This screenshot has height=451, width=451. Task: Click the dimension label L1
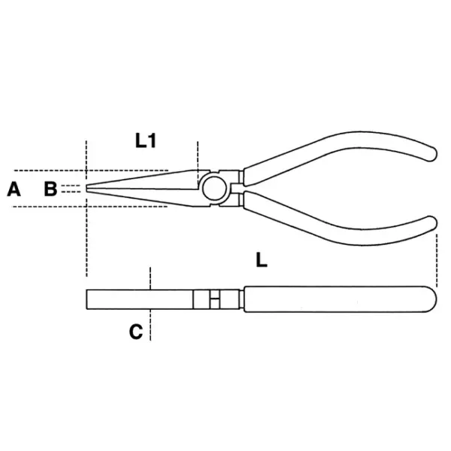pos(146,141)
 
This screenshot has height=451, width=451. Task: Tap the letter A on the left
pos(14,189)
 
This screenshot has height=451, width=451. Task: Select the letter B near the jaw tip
pos(50,189)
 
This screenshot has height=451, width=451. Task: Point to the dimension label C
pos(136,331)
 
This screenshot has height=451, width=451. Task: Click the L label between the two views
pos(262,260)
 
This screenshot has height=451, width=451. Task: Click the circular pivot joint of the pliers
pos(214,189)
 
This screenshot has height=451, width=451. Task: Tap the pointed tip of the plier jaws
pos(86,188)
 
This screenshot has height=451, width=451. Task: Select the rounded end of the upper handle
pos(431,153)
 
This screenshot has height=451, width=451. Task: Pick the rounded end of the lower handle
pos(431,223)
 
